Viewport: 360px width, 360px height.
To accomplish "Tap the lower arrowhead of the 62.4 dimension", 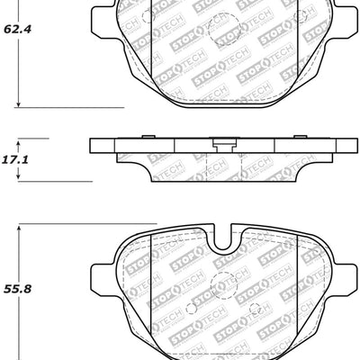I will click(x=21, y=105).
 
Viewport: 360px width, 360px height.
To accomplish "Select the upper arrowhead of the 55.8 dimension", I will click(x=21, y=226).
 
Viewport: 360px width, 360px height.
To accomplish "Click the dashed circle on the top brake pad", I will click(x=220, y=33).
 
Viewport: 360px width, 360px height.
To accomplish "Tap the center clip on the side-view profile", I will click(x=219, y=142).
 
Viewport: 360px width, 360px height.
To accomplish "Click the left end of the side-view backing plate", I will click(x=94, y=147).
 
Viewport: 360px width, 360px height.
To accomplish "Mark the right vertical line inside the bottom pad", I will click(x=297, y=279).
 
